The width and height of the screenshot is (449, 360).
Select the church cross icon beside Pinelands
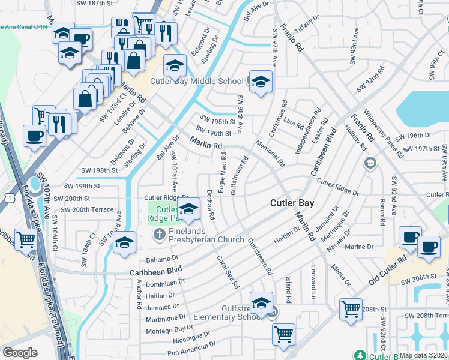(x=160, y=233)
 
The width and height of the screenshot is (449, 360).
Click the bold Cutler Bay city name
(x=292, y=203)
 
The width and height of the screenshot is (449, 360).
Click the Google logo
(x=20, y=353)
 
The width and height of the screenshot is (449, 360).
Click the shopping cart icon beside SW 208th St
(x=351, y=310)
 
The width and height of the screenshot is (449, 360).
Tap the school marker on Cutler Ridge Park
(x=189, y=210)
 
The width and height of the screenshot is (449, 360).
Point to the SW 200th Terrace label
(x=83, y=210)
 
